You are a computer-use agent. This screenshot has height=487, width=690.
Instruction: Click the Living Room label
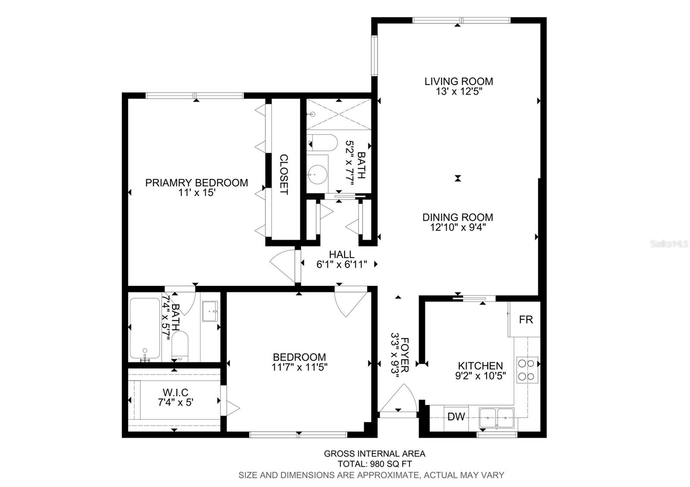[458, 81]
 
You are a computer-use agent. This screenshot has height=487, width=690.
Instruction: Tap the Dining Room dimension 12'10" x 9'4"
[458, 227]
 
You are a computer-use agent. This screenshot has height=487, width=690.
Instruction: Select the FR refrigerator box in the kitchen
[526, 320]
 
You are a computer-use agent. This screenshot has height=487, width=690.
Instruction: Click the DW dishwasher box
[456, 417]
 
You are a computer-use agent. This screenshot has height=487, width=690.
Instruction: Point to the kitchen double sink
[496, 417]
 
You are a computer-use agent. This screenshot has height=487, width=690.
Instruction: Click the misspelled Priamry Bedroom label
[196, 183]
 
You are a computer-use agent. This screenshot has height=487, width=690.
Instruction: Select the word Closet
[284, 174]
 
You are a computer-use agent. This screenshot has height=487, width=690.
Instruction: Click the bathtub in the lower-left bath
[144, 328]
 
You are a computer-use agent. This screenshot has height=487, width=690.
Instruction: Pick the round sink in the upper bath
[317, 175]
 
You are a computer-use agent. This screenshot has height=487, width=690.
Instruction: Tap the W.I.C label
[175, 393]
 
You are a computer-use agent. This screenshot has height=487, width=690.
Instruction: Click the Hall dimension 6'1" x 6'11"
[342, 265]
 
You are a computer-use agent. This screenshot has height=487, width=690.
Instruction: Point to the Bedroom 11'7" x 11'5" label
[299, 362]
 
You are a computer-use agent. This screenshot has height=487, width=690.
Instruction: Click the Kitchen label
[480, 366]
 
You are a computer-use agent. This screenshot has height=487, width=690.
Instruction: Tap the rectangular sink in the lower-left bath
[210, 311]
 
